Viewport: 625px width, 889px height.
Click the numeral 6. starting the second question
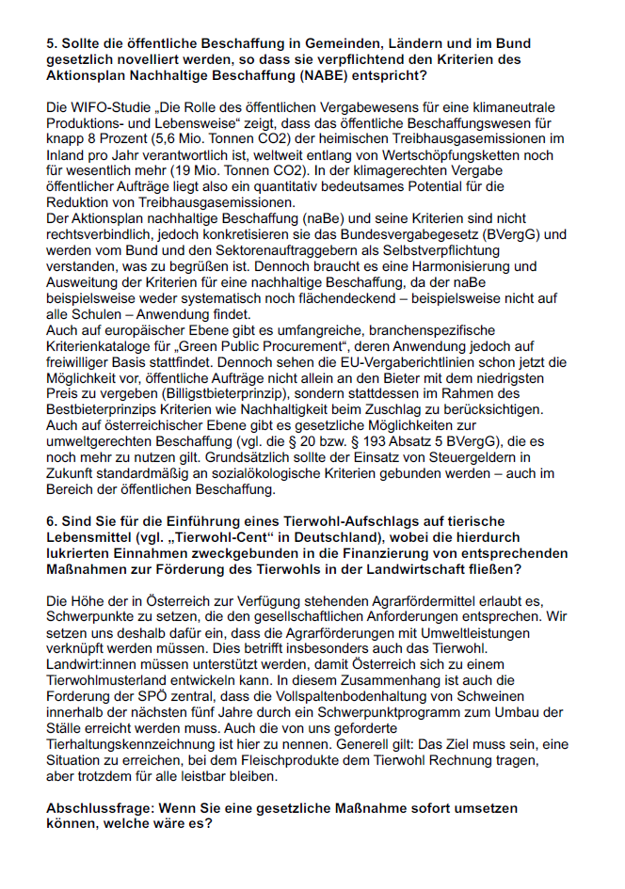pos(52,520)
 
